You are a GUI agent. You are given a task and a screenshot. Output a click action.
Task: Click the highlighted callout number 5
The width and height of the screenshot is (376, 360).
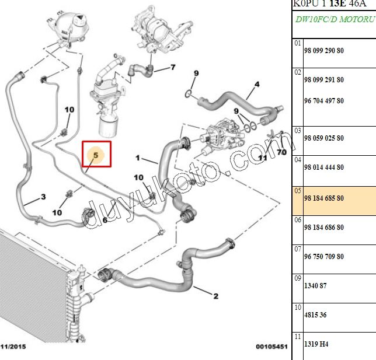96,156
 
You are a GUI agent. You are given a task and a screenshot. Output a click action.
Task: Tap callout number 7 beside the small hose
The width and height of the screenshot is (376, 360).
173,68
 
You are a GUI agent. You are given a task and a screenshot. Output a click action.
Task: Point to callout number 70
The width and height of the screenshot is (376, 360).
281,152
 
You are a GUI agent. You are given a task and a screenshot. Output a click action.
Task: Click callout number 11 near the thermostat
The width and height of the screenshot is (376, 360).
263,158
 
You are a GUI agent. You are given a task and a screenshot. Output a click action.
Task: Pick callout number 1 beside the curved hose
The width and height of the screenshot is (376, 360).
138,158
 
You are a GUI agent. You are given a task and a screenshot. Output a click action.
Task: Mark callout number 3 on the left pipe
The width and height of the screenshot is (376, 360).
43,197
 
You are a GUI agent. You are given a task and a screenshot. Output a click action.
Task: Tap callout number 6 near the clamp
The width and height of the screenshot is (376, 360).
105,220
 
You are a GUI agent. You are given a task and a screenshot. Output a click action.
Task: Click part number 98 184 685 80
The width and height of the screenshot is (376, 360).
323,198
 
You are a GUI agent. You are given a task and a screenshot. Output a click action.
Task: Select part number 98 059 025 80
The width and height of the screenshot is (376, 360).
323,138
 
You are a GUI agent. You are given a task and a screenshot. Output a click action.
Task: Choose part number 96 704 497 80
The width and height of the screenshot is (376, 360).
323,101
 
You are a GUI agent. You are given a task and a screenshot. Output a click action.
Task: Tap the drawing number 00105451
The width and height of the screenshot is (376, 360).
271,347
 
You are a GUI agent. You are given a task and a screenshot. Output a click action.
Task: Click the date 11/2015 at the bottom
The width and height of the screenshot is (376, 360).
13,347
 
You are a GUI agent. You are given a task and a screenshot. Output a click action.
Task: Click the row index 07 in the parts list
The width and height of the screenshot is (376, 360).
298,249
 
